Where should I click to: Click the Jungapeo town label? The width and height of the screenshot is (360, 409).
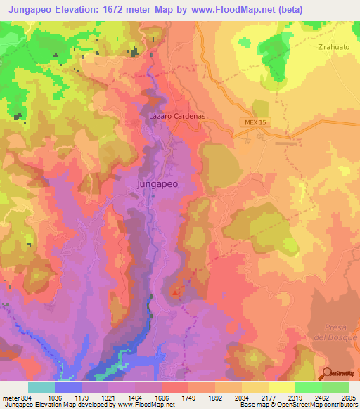[155, 184]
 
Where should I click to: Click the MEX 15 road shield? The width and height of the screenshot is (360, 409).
[255, 122]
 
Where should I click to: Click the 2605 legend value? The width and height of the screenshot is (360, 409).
[348, 397]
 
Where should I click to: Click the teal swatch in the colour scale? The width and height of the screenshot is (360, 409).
[41, 387]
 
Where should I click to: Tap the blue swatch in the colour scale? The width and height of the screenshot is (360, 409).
[68, 387]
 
